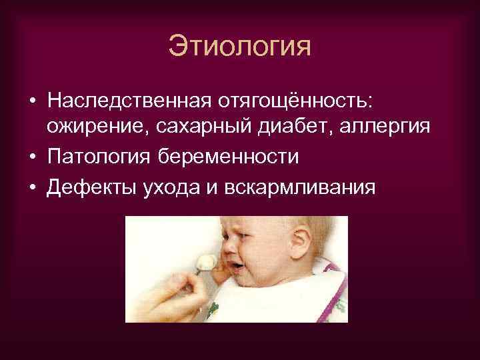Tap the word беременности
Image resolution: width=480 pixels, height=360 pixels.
(227, 158)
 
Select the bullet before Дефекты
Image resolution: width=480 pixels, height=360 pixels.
(31, 187)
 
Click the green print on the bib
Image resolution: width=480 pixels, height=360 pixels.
(214, 307)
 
